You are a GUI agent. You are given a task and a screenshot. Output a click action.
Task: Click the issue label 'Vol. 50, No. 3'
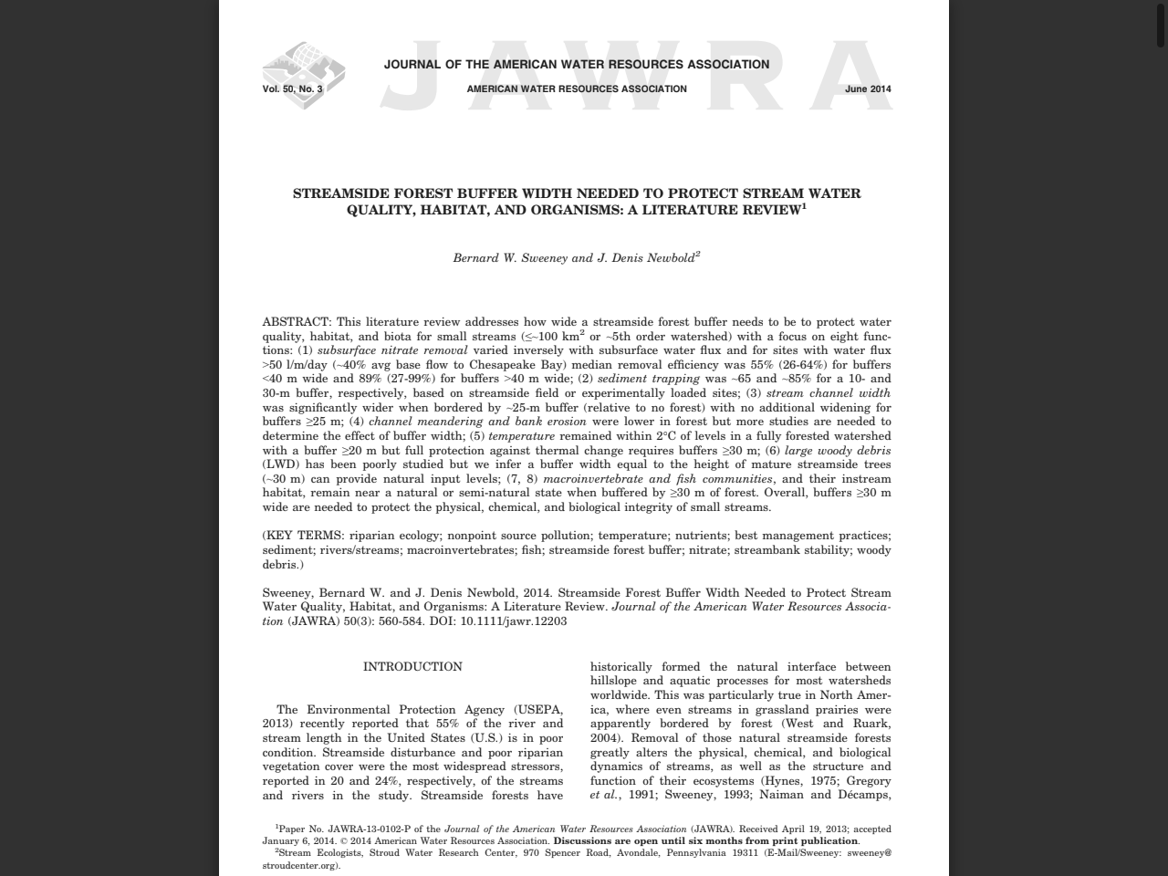click(292, 89)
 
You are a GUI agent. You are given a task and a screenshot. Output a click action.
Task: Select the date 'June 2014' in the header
click(868, 89)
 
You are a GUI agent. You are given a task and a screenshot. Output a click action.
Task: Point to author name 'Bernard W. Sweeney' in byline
click(510, 258)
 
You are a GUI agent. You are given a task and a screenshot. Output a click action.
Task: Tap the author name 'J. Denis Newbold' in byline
click(645, 258)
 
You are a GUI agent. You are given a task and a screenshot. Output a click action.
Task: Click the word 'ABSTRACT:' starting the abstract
click(297, 322)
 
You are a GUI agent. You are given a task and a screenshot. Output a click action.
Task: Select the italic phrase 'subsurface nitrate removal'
click(392, 350)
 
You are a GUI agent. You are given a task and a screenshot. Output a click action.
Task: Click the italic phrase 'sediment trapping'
click(649, 379)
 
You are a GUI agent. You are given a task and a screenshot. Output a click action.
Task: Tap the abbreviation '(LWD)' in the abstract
click(280, 464)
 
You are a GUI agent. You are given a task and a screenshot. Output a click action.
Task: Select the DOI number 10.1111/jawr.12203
click(514, 621)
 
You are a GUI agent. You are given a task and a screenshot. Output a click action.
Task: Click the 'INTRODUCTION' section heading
click(412, 667)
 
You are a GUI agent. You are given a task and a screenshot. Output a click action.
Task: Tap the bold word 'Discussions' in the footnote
click(581, 841)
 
